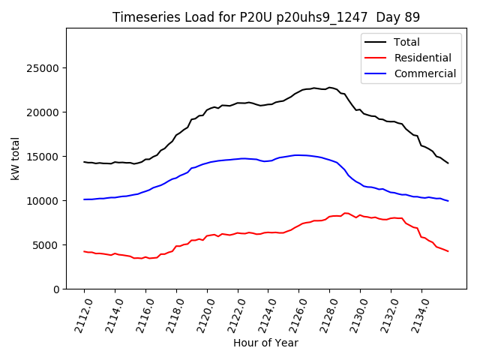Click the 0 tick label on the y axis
click(x=57, y=289)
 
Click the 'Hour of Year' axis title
click(x=265, y=343)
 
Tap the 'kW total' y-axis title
click(x=15, y=158)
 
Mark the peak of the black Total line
click(x=329, y=87)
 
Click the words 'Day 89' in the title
click(x=399, y=17)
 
